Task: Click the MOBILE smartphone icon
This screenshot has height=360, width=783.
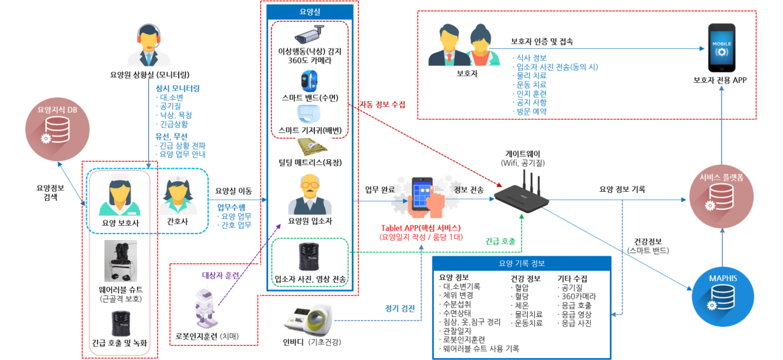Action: (x=721, y=50)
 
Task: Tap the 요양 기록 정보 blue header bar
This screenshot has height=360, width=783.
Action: (x=522, y=263)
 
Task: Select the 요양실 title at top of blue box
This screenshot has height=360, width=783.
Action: (x=310, y=12)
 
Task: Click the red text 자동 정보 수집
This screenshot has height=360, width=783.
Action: (x=382, y=104)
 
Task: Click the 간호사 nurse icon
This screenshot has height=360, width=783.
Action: (x=178, y=196)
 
